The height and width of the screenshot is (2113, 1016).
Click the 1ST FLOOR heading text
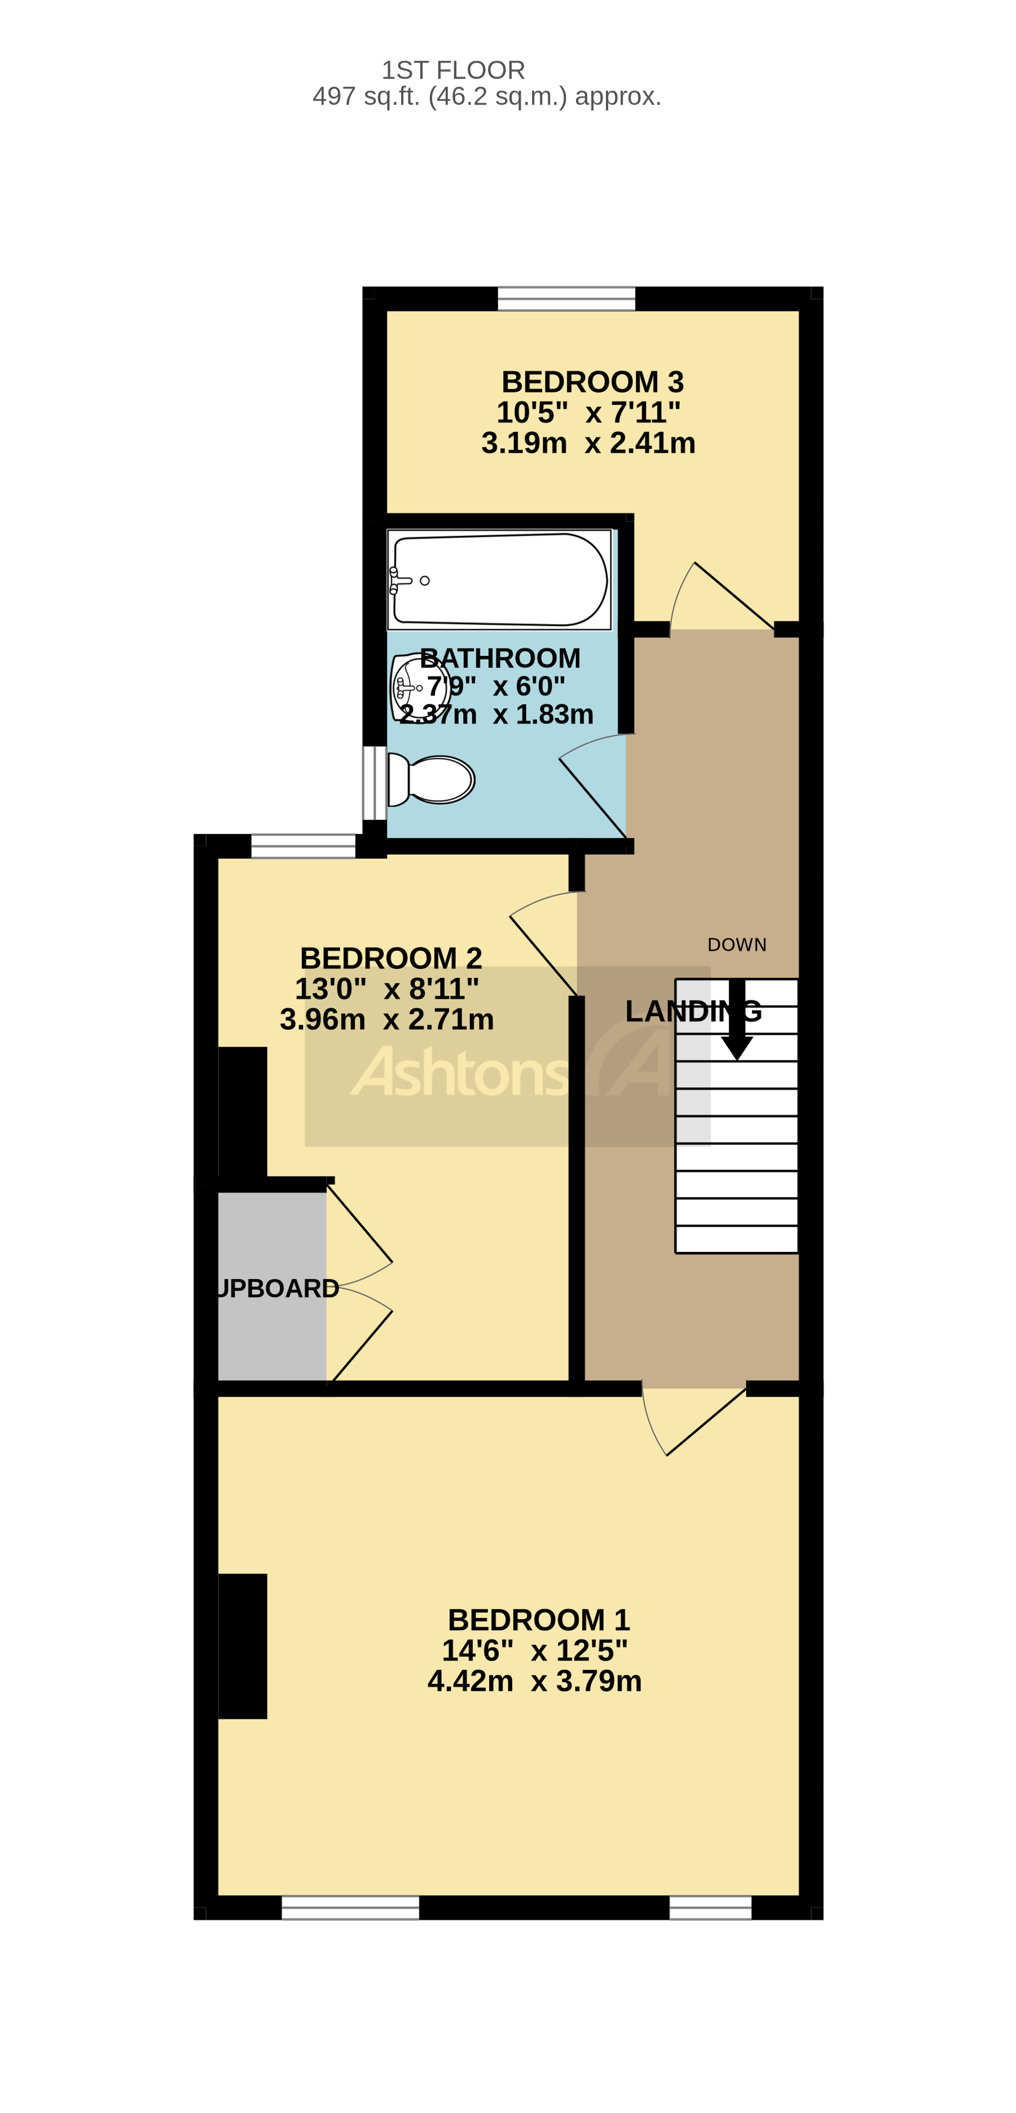[453, 70]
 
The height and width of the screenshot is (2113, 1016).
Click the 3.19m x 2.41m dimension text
[588, 443]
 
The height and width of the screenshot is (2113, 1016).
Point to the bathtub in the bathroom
[499, 580]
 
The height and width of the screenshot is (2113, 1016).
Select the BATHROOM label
[500, 658]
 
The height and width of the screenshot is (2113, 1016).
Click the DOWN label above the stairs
[736, 945]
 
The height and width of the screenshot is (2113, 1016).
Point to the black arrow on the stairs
[736, 1021]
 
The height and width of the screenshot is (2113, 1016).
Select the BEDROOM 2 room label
[390, 958]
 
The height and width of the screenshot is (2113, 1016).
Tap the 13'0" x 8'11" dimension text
[386, 989]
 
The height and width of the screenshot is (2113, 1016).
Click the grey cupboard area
[271, 1288]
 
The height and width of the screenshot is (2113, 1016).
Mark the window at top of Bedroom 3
[566, 298]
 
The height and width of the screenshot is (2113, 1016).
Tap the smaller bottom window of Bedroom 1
[710, 1907]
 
